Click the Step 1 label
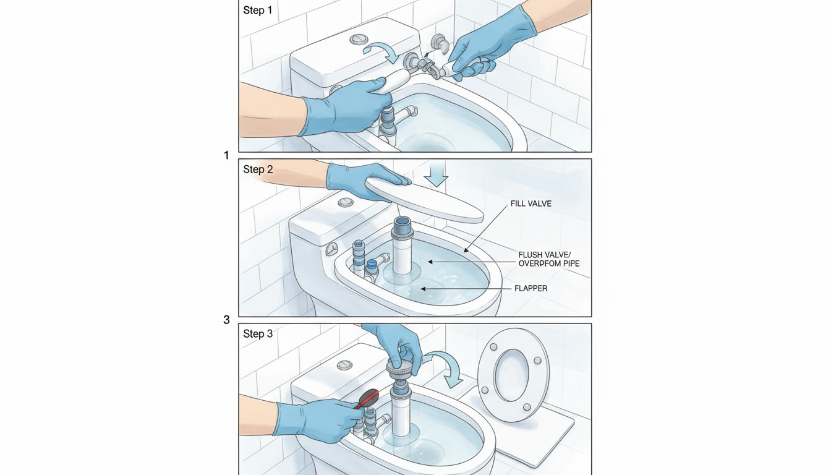tap(258, 11)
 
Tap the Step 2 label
tap(258, 169)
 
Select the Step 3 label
tap(258, 334)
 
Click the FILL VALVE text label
tap(531, 203)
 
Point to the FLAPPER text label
tap(531, 288)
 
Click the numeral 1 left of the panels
tap(226, 155)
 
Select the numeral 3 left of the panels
tap(226, 320)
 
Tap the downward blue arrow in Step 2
tap(437, 175)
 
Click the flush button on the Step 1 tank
tap(359, 40)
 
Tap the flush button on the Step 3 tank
tap(345, 366)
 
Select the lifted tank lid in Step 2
tap(424, 198)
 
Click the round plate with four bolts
tap(513, 375)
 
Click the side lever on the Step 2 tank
tap(332, 249)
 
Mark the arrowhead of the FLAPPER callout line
tap(422, 288)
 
